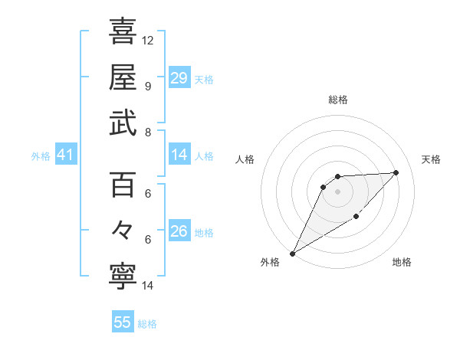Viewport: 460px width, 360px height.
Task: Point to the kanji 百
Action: pyautogui.click(x=123, y=185)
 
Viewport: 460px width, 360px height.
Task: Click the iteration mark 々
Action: pyautogui.click(x=123, y=231)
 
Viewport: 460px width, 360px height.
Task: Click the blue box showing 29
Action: pyautogui.click(x=179, y=78)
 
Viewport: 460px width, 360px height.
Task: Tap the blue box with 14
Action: pyautogui.click(x=179, y=155)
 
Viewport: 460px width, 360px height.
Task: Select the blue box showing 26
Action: pyautogui.click(x=179, y=232)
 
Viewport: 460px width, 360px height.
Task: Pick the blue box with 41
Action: pyautogui.click(x=66, y=155)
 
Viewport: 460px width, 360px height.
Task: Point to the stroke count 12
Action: pyautogui.click(x=148, y=40)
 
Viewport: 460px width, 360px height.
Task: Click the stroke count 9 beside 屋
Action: pyautogui.click(x=147, y=86)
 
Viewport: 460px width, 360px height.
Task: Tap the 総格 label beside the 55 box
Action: pyautogui.click(x=147, y=324)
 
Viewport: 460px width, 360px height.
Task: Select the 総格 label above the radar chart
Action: pyautogui.click(x=338, y=100)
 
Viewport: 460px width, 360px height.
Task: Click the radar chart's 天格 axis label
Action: pyautogui.click(x=431, y=159)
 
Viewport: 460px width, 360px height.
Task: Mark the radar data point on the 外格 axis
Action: pyautogui.click(x=292, y=254)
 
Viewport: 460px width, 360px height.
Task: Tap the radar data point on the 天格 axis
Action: pyautogui.click(x=396, y=172)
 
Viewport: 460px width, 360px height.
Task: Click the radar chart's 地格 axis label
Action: pyautogui.click(x=402, y=262)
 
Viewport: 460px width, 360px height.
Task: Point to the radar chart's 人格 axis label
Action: pyautogui.click(x=245, y=159)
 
